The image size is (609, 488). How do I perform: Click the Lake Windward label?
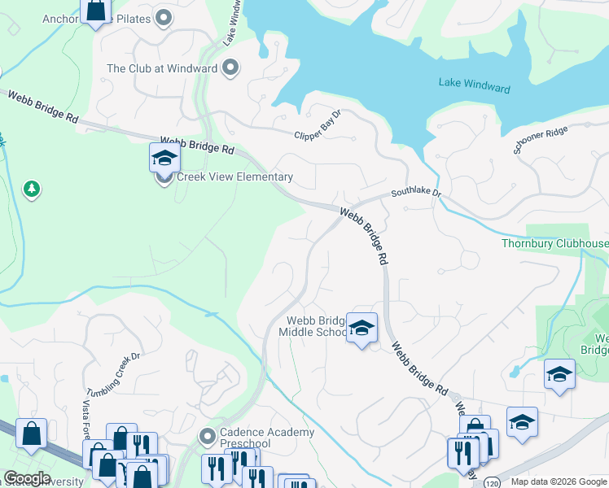point(474,86)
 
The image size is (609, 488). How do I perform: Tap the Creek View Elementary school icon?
point(164,158)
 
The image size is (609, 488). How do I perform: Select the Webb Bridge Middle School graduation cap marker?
point(361,328)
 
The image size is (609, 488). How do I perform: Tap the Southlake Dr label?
point(415,194)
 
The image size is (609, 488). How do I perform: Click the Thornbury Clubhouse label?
point(554,243)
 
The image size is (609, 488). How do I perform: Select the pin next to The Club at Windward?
point(230,68)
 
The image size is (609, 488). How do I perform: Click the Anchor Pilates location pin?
point(164,16)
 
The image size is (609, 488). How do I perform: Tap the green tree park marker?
point(32,190)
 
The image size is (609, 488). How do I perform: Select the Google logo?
point(27,478)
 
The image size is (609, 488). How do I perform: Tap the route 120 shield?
point(492,482)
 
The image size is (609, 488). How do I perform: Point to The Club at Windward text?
point(162,68)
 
